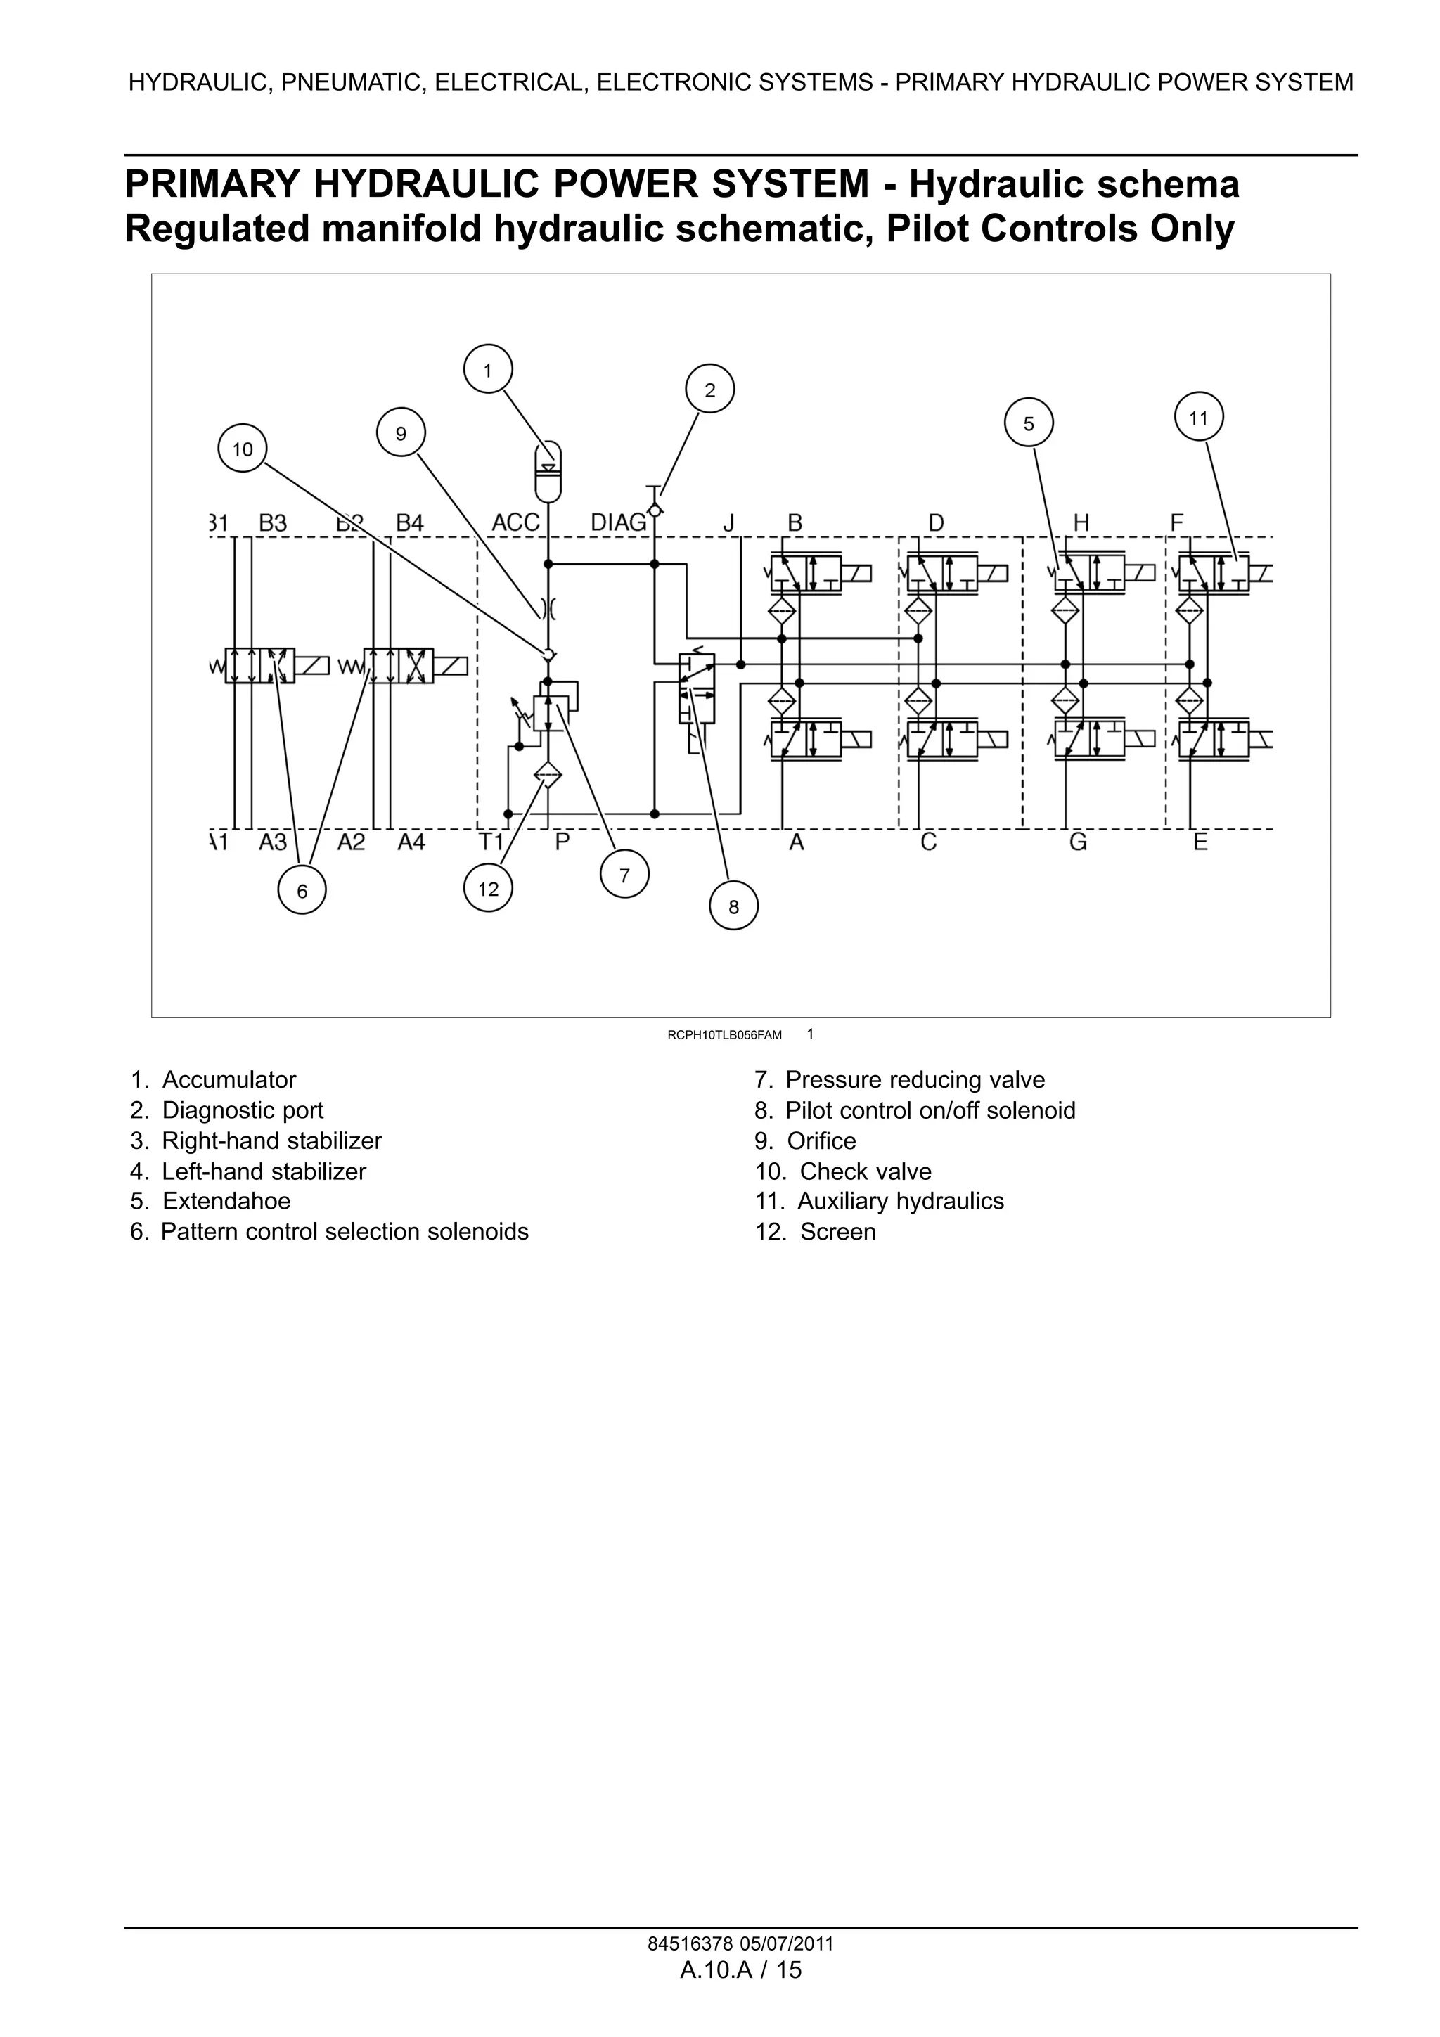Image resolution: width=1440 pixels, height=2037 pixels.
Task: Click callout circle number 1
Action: [487, 369]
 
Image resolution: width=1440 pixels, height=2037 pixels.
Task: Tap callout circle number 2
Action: [709, 390]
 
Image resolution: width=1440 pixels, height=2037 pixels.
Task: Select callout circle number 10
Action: [242, 449]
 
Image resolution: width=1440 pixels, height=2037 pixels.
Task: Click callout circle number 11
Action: [1198, 417]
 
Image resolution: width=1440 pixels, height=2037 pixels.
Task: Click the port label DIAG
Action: [619, 522]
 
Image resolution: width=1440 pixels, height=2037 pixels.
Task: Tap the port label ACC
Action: [515, 522]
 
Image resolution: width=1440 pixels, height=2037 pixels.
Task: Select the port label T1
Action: [491, 841]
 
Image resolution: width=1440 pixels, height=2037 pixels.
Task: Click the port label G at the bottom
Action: [1077, 841]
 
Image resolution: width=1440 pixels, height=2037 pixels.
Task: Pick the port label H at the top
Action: [1081, 523]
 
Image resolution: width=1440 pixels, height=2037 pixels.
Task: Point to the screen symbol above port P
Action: [548, 776]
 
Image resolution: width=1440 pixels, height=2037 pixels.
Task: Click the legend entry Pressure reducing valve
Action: [915, 1080]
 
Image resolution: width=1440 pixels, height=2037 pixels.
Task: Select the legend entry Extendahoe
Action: [226, 1200]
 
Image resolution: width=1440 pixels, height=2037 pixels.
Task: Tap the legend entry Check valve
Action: [865, 1171]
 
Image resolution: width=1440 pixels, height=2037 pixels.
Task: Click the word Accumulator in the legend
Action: [229, 1080]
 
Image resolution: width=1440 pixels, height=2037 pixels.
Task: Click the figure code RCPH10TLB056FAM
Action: [724, 1034]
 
